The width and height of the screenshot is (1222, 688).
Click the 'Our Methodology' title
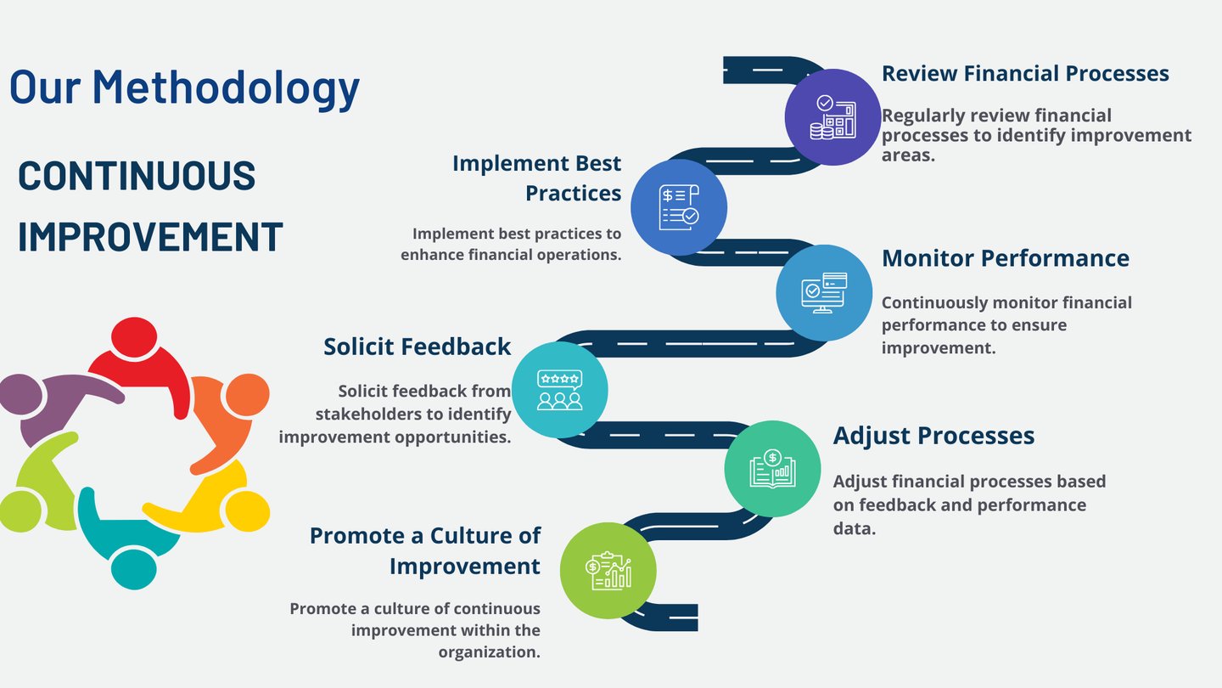click(184, 87)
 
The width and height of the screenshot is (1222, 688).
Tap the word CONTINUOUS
click(137, 176)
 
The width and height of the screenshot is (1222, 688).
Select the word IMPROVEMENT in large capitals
click(150, 237)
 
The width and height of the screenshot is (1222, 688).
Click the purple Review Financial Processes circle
click(832, 117)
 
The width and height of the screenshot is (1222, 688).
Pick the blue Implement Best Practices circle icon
click(679, 207)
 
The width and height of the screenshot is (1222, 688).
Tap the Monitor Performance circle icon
click(824, 293)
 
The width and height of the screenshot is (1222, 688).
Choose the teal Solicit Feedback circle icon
click(560, 390)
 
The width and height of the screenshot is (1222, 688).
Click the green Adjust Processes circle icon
click(772, 469)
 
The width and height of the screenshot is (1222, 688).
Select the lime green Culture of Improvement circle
click(608, 571)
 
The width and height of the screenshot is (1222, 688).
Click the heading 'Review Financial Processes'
click(1025, 74)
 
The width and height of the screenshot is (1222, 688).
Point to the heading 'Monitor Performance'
click(1006, 258)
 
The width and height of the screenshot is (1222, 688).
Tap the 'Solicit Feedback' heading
click(418, 347)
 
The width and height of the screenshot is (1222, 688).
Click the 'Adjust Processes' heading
click(933, 436)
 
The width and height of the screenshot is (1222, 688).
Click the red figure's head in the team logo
click(134, 337)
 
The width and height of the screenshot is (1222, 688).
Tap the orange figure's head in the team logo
click(248, 394)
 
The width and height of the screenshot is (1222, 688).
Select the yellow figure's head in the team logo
click(248, 511)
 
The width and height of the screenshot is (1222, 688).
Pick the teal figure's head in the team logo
click(134, 569)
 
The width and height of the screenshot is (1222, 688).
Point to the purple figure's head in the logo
click(20, 393)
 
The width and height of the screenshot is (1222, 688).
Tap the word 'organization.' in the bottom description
click(490, 652)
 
